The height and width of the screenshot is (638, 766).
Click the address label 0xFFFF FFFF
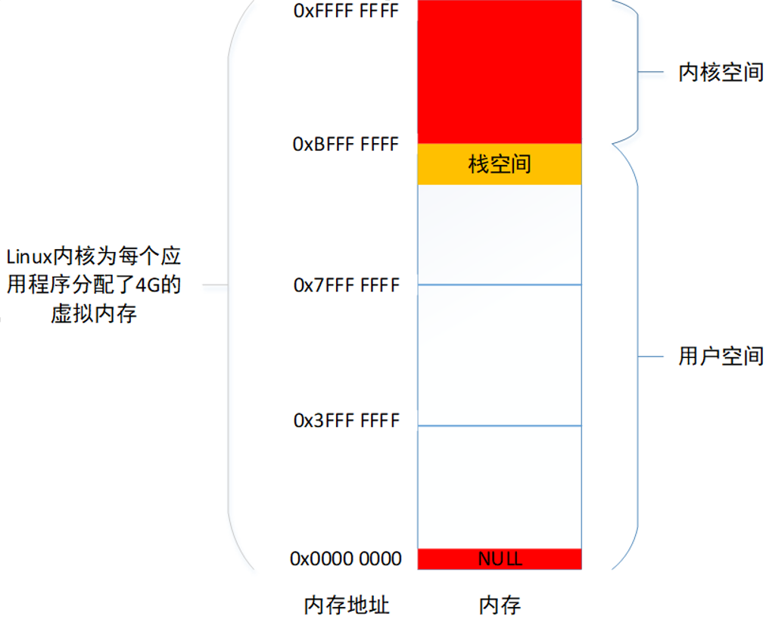tap(346, 12)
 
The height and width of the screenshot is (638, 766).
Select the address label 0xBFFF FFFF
tap(346, 145)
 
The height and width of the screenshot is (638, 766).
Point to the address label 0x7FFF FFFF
tap(346, 286)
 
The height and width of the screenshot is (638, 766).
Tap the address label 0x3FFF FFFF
tap(346, 421)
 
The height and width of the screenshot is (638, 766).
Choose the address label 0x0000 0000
tap(346, 559)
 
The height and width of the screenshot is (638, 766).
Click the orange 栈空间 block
tap(500, 164)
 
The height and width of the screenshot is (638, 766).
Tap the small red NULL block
tap(500, 559)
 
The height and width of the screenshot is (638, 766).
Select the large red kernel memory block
tap(500, 72)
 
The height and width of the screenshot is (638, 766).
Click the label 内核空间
tap(721, 73)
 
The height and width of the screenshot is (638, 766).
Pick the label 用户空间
tap(721, 356)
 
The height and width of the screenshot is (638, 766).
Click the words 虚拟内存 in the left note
tap(94, 313)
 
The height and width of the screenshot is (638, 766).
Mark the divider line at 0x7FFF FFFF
tap(500, 285)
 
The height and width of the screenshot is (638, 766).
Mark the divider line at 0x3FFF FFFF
tap(500, 425)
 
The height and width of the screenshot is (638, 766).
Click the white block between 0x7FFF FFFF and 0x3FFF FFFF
tap(500, 355)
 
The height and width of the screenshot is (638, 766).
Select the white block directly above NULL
tap(500, 487)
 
